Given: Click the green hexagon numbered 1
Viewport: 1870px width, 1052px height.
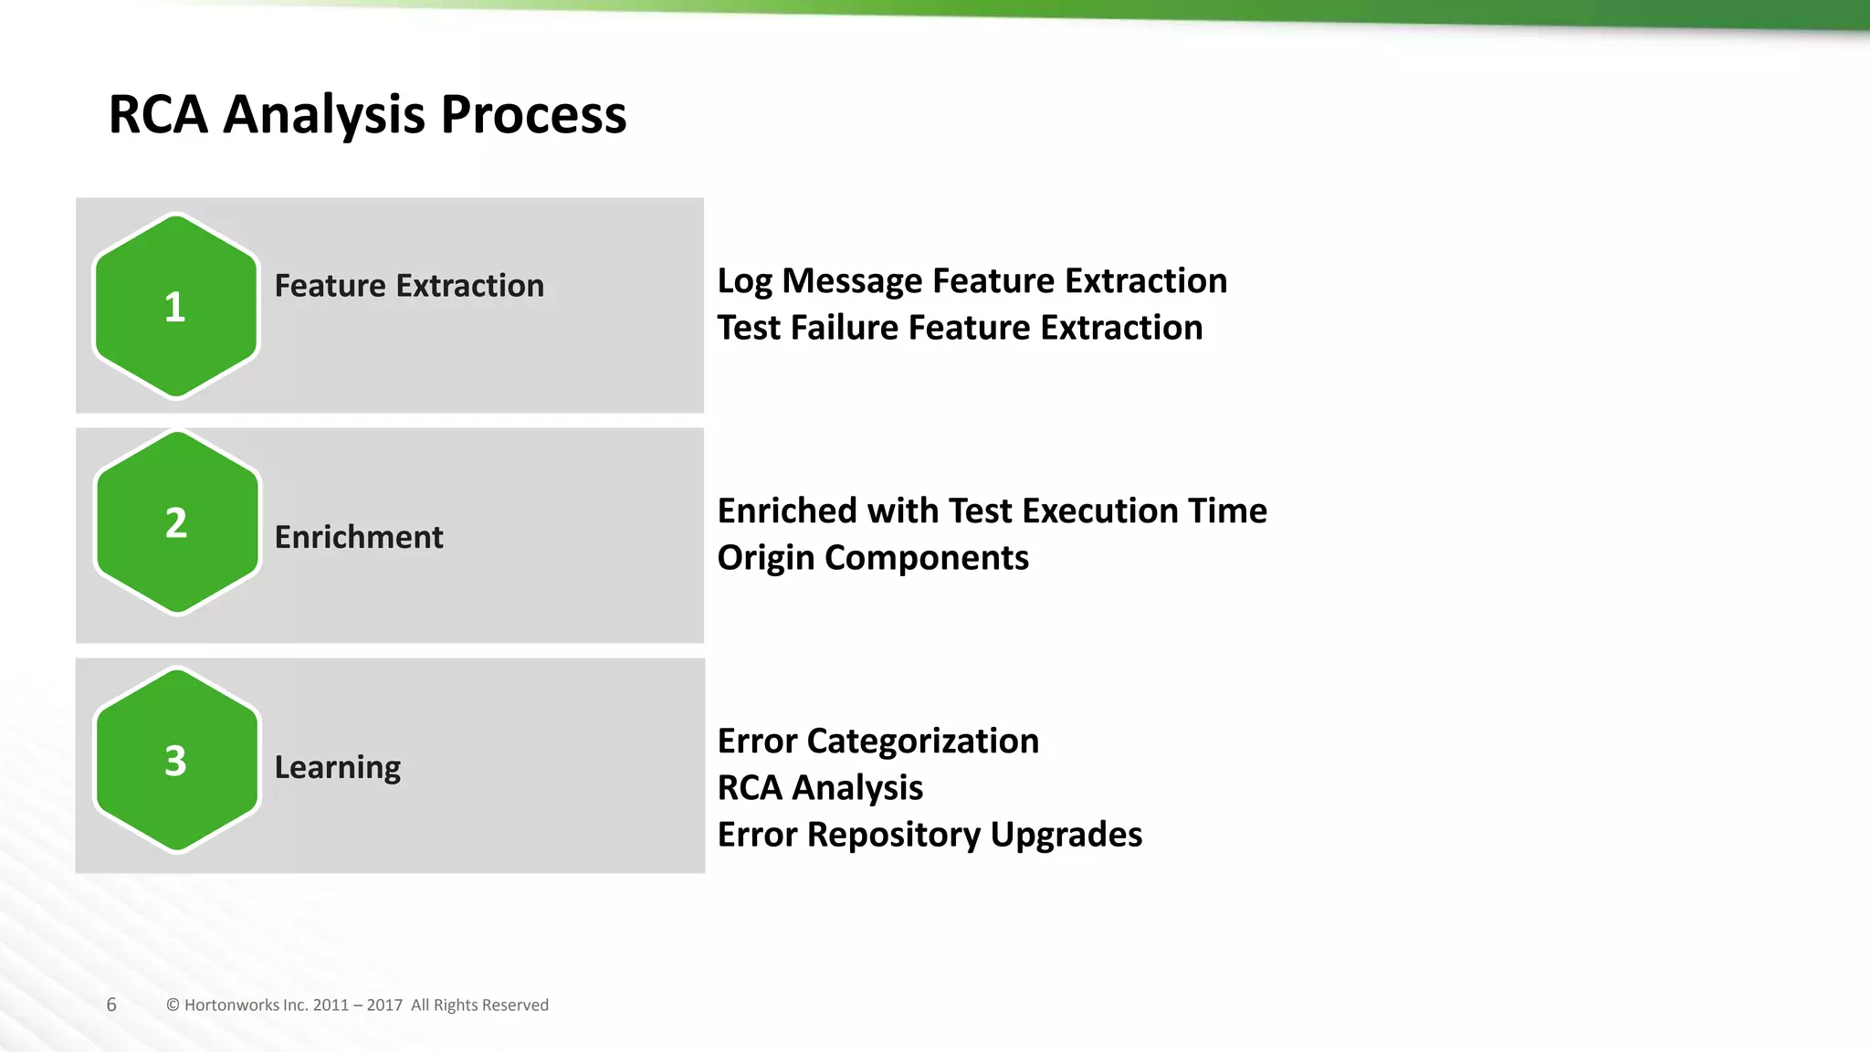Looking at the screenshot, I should point(176,307).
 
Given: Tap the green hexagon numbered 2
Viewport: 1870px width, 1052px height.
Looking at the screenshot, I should point(177,523).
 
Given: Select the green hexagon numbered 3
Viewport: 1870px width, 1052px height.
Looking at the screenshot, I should point(177,761).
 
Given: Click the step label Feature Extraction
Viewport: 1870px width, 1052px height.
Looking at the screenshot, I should point(409,286).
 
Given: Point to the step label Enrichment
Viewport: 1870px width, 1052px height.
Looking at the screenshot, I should point(359,537).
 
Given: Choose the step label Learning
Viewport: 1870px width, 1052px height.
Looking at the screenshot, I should point(338,767).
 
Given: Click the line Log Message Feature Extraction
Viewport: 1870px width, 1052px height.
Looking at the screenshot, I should point(972,280).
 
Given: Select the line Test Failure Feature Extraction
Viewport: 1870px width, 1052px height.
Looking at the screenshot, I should point(960,327).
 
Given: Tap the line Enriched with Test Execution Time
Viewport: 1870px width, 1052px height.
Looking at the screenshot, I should point(992,510).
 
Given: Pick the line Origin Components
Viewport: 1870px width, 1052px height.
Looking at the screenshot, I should point(873,557).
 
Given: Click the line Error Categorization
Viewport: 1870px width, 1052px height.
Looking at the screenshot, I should point(877,741).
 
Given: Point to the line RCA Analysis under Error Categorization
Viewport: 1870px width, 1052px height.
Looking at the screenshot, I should point(820,787).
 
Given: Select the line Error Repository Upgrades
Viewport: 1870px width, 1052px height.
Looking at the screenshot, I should point(930,834).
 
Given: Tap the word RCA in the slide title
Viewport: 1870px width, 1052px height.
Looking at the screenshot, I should point(158,115).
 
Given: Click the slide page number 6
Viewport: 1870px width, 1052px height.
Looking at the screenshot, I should point(111,1005).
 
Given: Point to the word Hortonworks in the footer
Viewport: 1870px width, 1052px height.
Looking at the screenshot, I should point(231,1005).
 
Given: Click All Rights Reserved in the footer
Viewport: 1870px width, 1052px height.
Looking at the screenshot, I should point(479,1005).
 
